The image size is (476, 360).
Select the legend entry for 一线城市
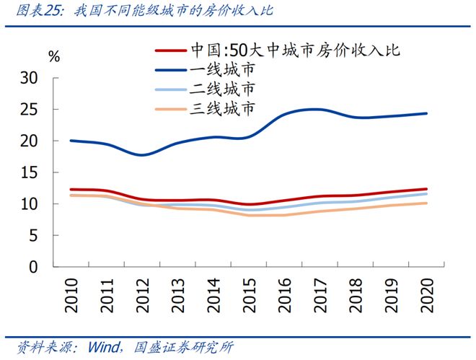[x=222, y=71]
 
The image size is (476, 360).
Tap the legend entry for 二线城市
[x=222, y=90]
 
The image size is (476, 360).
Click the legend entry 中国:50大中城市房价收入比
[x=294, y=51]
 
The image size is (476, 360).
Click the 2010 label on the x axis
[x=71, y=294]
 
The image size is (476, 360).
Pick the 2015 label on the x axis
[x=248, y=294]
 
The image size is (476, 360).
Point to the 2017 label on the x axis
[x=319, y=294]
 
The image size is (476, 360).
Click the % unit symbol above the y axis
[x=54, y=56]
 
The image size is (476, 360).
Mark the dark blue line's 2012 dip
[x=142, y=154]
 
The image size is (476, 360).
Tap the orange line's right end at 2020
[x=426, y=203]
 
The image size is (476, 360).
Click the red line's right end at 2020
[x=426, y=189]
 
